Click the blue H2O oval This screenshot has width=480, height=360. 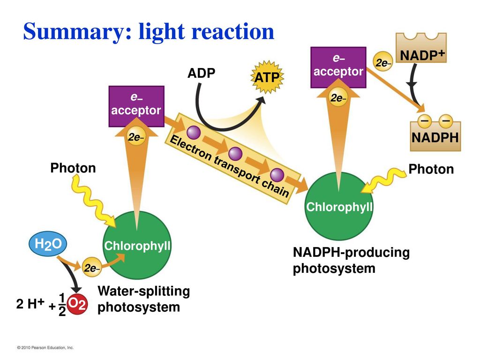pos(48,244)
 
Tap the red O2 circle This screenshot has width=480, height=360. pos(77,304)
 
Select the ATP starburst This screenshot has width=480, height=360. pos(267,77)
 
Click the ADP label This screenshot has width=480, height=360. pos(202,73)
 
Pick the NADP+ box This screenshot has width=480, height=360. pos(421,48)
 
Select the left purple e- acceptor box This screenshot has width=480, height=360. pos(136,106)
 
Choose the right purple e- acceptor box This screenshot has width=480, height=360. pos(338,67)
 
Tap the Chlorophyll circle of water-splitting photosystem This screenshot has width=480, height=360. pos(137,245)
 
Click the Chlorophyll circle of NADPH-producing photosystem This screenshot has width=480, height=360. pos(339,206)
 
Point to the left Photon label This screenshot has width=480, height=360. pos(73,168)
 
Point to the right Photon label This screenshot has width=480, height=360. pos(431,169)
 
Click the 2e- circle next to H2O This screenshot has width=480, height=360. pos(91,268)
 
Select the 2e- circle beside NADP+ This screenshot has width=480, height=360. pos(382,62)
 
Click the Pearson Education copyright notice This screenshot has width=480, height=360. pos(45,347)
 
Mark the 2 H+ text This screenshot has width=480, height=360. pos(30,303)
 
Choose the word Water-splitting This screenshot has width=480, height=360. pos(143,291)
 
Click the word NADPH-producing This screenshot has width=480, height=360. pos(351,253)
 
